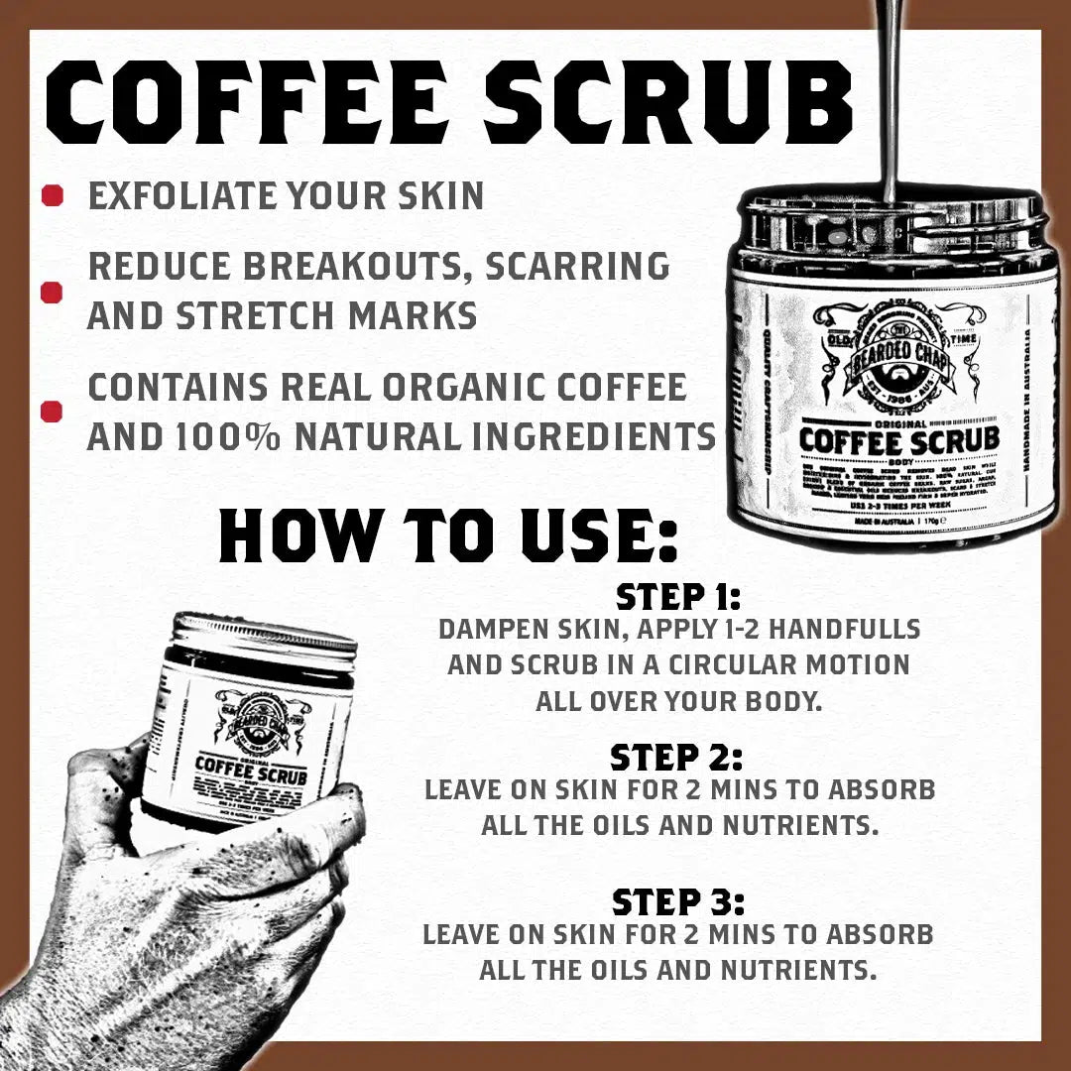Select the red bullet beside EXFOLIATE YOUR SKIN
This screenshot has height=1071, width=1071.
(53, 195)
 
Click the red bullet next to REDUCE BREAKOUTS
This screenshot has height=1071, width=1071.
(53, 292)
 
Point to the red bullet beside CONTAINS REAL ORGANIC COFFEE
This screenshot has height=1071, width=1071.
(53, 411)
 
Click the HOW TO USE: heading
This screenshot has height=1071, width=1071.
(448, 535)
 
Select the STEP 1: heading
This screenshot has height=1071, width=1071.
(679, 597)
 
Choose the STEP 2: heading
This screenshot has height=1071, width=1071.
(676, 758)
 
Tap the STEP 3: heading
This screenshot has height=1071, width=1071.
(677, 902)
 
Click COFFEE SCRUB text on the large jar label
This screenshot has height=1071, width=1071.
(899, 437)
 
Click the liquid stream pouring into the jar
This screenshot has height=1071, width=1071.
(890, 99)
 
